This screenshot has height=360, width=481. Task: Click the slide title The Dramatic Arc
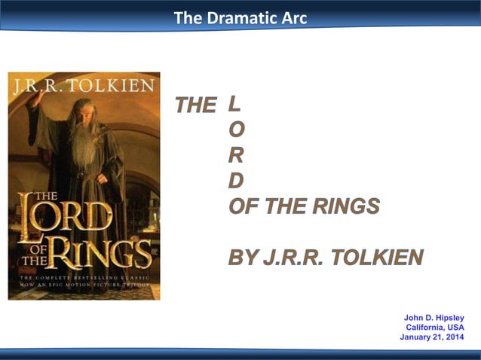pos(240,17)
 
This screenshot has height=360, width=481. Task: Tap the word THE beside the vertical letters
pos(195,106)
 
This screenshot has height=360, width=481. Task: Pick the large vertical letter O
pos(236,130)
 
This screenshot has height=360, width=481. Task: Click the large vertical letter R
pos(236,156)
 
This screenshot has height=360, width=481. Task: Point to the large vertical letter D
pos(236,181)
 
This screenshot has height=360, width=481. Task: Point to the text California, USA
pos(435,327)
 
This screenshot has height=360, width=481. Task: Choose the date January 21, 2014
pos(432,337)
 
